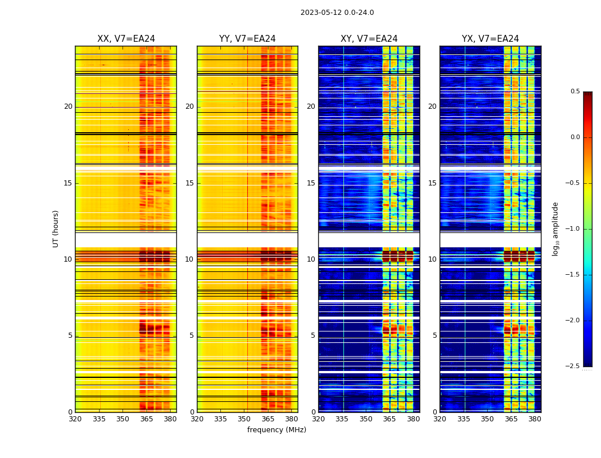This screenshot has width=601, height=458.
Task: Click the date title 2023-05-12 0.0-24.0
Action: [x=337, y=13]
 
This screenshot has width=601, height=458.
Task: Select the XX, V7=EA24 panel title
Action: [x=126, y=39]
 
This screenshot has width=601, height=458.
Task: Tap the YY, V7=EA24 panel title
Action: [x=247, y=39]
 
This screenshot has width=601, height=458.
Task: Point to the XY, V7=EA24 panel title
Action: [x=369, y=39]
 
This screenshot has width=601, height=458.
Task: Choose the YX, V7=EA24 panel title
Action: [x=491, y=39]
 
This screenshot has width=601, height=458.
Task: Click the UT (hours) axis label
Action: [x=56, y=228]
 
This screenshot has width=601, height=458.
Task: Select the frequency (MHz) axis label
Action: [x=276, y=430]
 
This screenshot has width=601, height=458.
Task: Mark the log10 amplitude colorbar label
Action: [x=555, y=228]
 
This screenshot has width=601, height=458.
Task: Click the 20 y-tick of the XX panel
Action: [x=68, y=106]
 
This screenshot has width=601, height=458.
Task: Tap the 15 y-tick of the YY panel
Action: [x=189, y=183]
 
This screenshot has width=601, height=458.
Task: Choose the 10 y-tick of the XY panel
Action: [x=311, y=259]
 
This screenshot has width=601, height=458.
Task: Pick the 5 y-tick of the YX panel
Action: [x=434, y=335]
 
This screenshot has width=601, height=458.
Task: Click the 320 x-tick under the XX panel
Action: [x=75, y=419]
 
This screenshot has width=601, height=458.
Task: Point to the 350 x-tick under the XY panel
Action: [x=366, y=419]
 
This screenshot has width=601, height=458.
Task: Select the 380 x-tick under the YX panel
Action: [x=535, y=419]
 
